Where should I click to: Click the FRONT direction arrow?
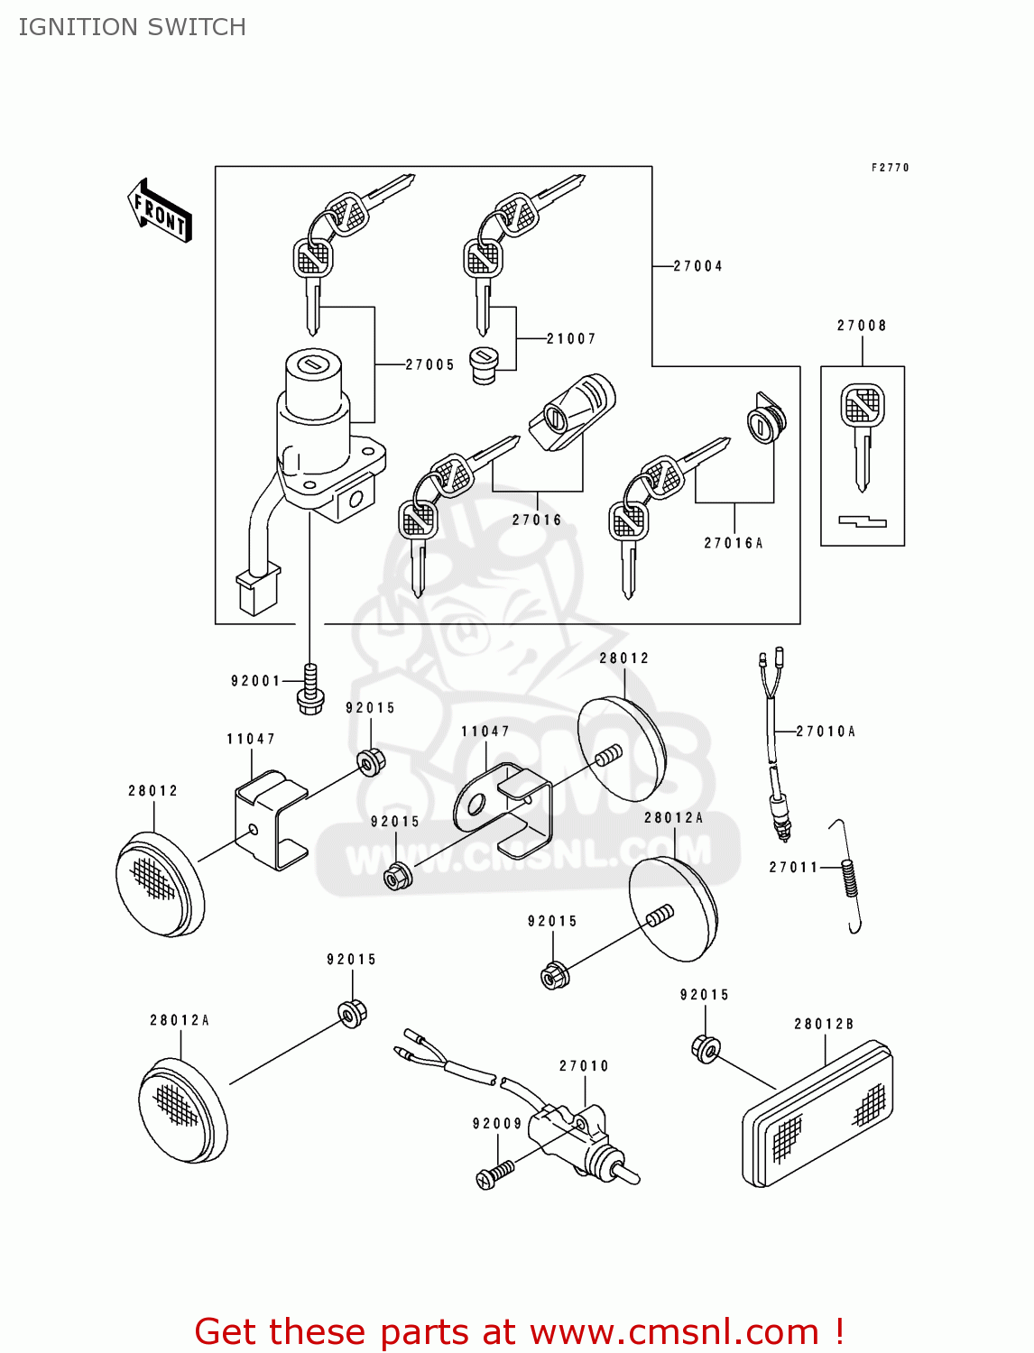click(160, 211)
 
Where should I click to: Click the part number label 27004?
click(697, 266)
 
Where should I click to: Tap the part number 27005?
click(429, 364)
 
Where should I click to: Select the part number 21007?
click(571, 338)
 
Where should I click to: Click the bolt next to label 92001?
click(310, 690)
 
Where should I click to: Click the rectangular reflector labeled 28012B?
click(818, 1115)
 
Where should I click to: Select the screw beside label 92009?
click(494, 1174)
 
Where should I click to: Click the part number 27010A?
click(826, 732)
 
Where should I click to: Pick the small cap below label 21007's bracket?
click(485, 365)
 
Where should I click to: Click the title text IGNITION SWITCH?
click(133, 27)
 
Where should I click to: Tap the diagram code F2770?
click(890, 168)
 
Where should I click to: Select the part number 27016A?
click(733, 543)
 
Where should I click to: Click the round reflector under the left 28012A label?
click(182, 1109)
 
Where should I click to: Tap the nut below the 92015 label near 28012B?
click(706, 1048)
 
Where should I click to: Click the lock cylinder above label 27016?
click(572, 410)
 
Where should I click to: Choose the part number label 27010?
click(584, 1066)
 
